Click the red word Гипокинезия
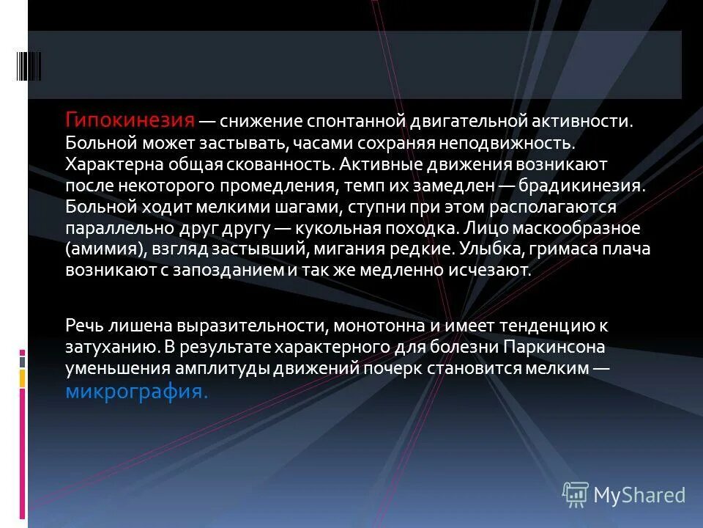pyautogui.click(x=131, y=120)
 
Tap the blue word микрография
pyautogui.click(x=137, y=392)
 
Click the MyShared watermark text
pyautogui.click(x=639, y=495)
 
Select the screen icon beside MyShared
pyautogui.click(x=576, y=495)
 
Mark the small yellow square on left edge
pyautogui.click(x=22, y=378)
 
